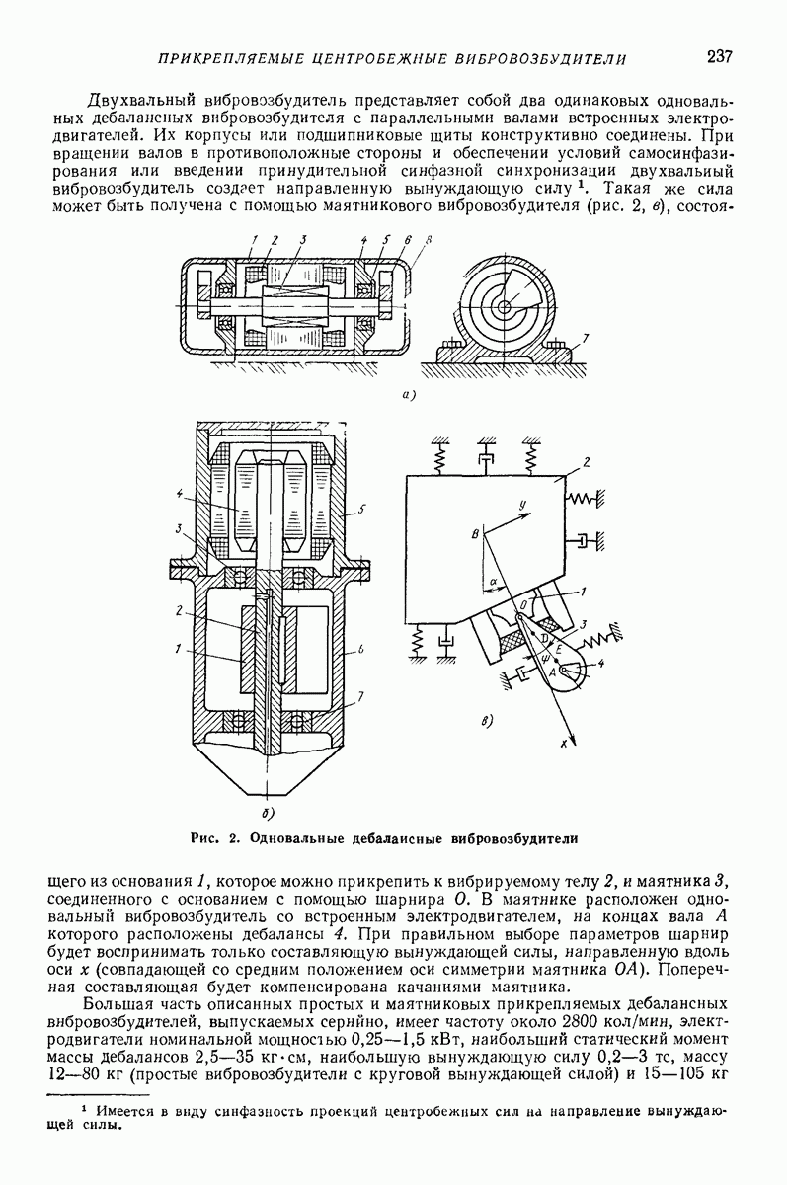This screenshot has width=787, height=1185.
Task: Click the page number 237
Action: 719,56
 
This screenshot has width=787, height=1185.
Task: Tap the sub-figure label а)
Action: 409,395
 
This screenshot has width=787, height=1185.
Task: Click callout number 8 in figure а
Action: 429,240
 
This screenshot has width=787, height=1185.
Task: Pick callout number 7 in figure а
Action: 587,337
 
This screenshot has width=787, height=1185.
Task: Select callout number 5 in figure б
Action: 360,510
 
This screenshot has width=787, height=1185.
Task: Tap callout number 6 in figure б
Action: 360,650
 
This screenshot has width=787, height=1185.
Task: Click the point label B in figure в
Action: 475,535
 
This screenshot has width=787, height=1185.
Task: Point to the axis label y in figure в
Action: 522,507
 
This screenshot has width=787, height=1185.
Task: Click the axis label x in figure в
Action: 564,744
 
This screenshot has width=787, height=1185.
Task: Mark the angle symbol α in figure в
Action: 493,582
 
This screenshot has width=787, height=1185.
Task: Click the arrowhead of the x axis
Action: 576,743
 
